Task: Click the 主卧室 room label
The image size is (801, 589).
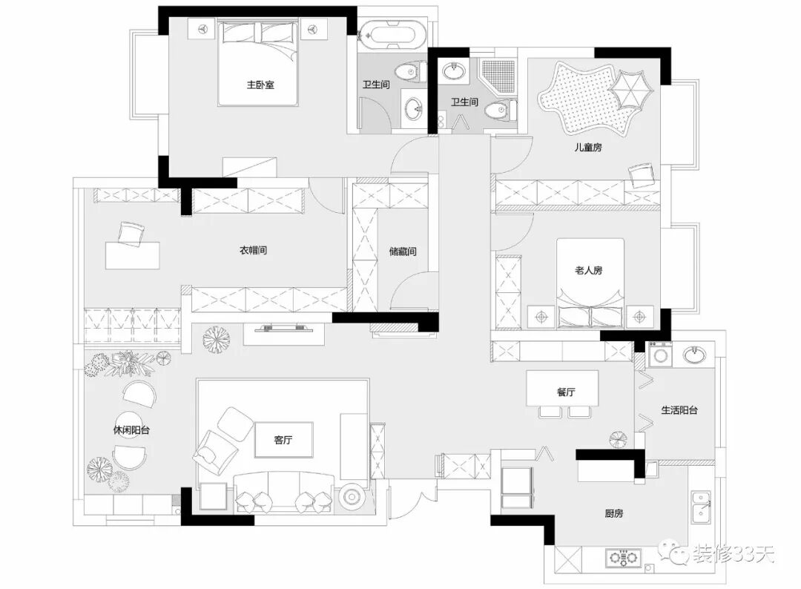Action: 260,85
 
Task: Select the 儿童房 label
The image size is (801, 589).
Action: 587,148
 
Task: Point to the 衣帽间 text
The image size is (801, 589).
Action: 253,251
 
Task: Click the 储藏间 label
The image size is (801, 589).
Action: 403,251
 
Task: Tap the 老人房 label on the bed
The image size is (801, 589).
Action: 588,270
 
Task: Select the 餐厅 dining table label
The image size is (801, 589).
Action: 566,392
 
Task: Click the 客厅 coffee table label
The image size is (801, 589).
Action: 283,440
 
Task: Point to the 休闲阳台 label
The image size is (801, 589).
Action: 127,430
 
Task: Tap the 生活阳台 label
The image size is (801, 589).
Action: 679,409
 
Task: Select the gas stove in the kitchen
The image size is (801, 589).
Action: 623,556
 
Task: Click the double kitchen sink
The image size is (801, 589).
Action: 701,511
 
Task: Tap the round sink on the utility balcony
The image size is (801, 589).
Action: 694,355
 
